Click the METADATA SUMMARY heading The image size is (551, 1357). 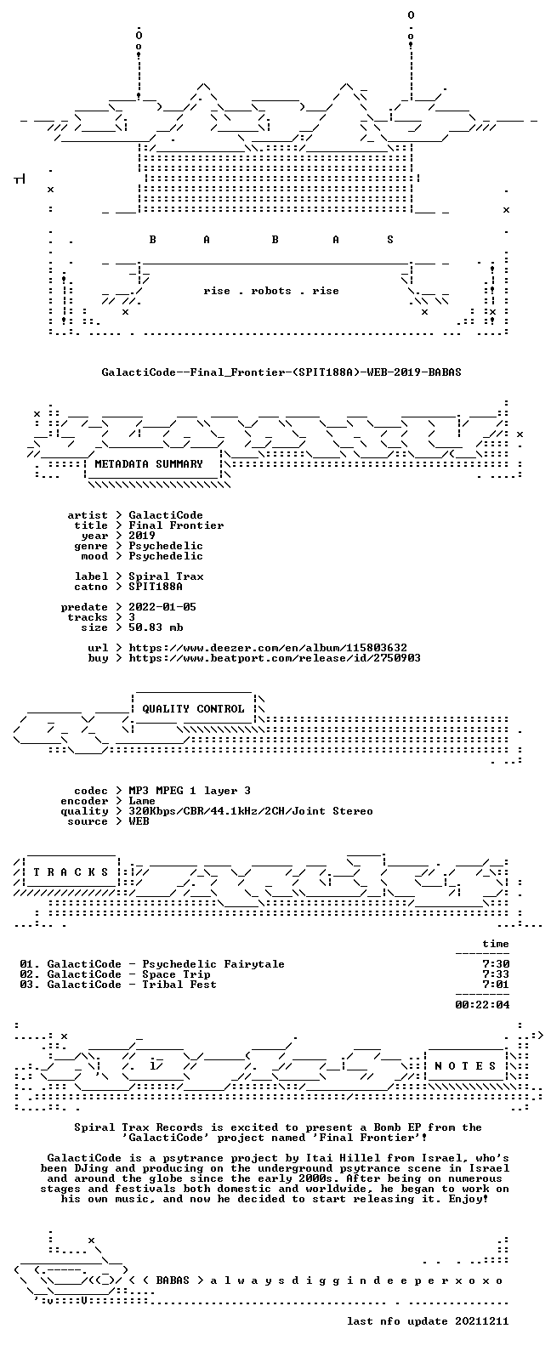149,464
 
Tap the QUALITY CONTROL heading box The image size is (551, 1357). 193,709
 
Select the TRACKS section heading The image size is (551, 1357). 71,872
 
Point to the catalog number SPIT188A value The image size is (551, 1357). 156,587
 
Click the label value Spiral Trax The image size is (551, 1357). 166,576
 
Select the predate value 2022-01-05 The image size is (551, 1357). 162,607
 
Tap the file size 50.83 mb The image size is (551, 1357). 156,627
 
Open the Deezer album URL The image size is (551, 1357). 268,648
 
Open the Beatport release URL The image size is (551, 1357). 275,658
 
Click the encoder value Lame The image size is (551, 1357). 142,801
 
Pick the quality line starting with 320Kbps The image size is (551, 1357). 251,811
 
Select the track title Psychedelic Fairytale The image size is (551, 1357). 213,964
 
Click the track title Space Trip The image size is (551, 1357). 176,974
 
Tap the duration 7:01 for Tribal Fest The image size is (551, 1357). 496,985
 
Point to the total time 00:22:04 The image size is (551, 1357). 482,1005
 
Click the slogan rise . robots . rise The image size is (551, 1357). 271,291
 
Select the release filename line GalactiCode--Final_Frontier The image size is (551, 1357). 281,372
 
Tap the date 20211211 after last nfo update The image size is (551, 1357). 482,1321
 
